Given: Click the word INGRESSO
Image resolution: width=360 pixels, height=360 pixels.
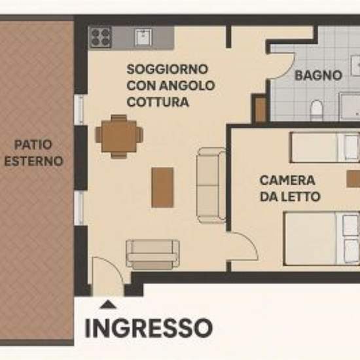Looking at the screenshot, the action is tap(149, 328).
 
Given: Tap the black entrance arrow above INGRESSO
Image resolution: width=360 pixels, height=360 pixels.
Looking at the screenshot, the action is tap(109, 304).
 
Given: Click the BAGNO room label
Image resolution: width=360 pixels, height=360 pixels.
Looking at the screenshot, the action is tap(318, 75).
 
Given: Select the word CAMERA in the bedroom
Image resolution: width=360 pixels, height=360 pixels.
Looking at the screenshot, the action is tap(287, 180).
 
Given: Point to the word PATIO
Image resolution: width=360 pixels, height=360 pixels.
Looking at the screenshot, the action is tap(33, 145).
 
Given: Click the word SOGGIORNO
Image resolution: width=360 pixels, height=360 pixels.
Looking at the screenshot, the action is tap(168, 69).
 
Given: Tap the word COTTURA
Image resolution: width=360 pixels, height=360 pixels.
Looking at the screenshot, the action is tap(158, 102).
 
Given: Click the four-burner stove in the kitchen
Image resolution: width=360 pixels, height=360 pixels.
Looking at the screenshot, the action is tap(100, 37).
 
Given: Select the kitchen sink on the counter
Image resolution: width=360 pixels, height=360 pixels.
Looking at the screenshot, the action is tap(143, 37).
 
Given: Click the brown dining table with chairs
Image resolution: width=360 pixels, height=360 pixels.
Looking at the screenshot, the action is tap(119, 136).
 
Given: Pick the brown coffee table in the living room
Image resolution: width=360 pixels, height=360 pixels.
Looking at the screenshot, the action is tap(162, 187).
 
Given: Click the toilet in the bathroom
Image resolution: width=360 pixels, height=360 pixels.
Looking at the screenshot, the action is tap(316, 110).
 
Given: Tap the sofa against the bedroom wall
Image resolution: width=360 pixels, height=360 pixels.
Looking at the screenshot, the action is tap(211, 185).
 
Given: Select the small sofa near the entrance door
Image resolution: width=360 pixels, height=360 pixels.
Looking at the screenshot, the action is tap(153, 255).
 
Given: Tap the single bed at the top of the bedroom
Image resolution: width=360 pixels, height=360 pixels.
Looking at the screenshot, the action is tap(325, 147).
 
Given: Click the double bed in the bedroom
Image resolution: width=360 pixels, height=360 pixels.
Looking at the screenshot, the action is tap(321, 239).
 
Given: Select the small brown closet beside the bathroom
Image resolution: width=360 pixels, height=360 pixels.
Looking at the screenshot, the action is tap(261, 109).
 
